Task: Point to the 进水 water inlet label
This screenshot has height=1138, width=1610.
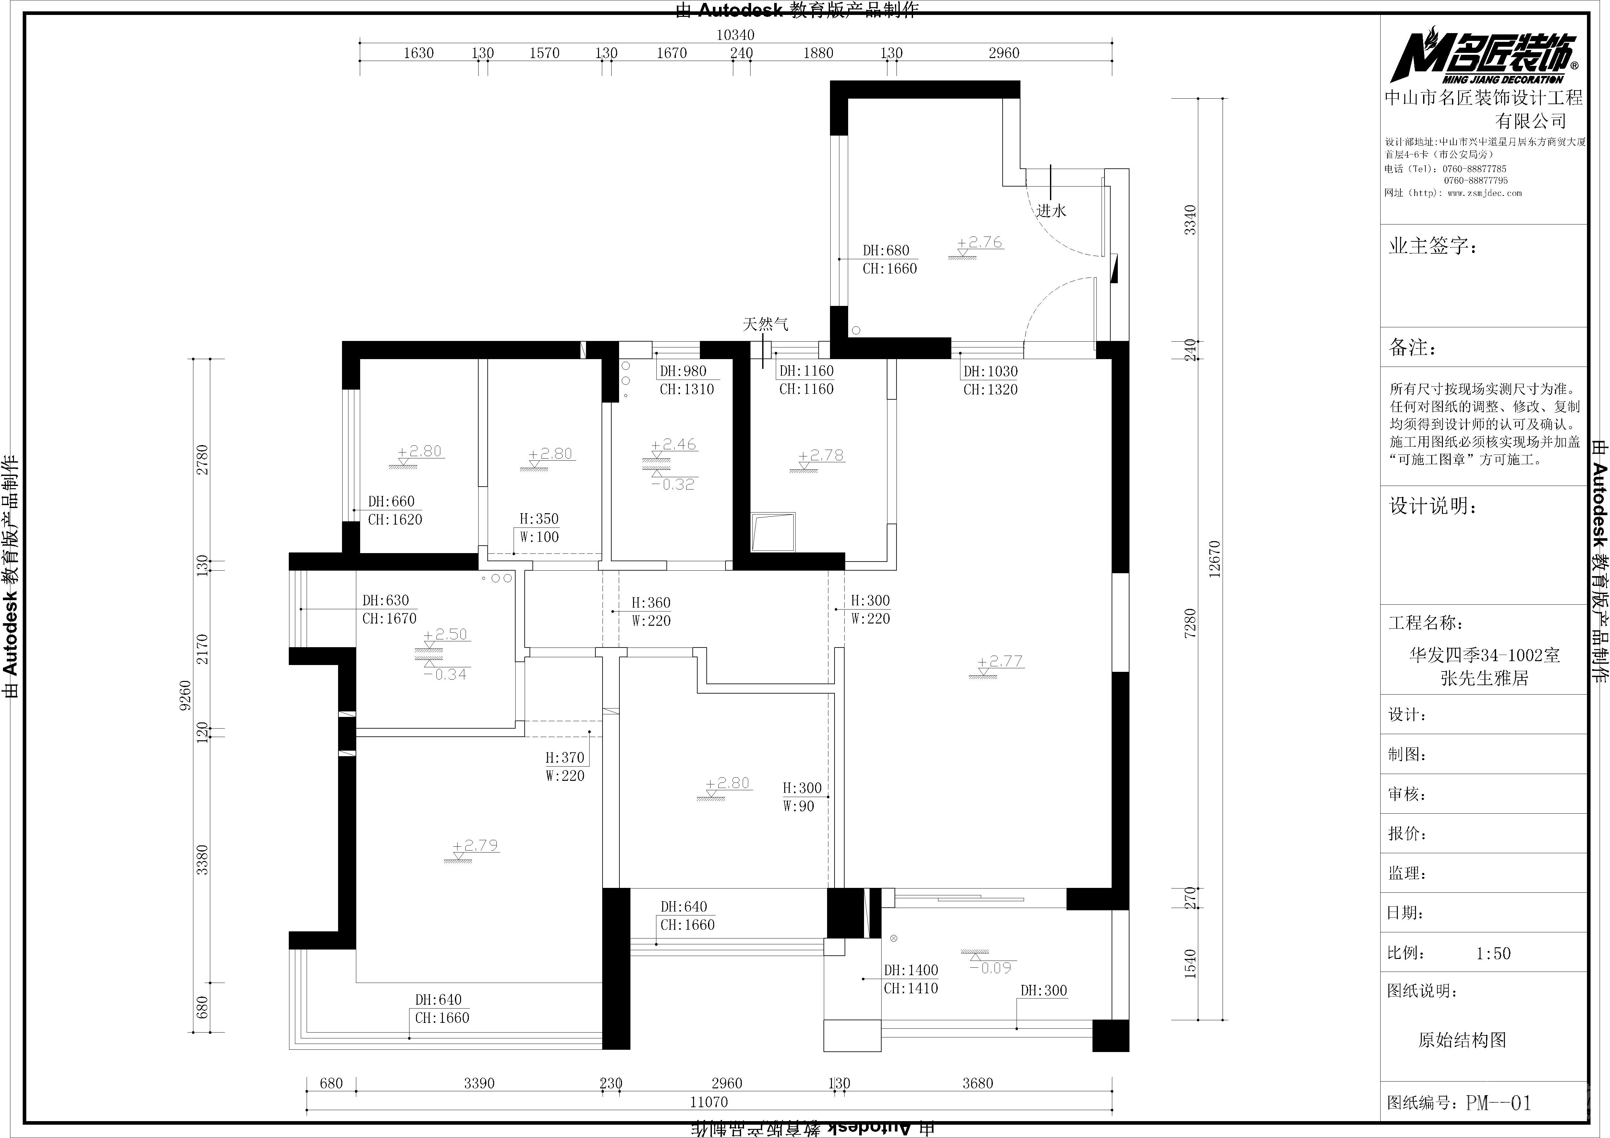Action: (x=1051, y=210)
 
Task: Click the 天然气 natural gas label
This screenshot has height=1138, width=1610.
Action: (x=765, y=324)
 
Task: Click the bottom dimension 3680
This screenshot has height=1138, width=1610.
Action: (x=978, y=1083)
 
